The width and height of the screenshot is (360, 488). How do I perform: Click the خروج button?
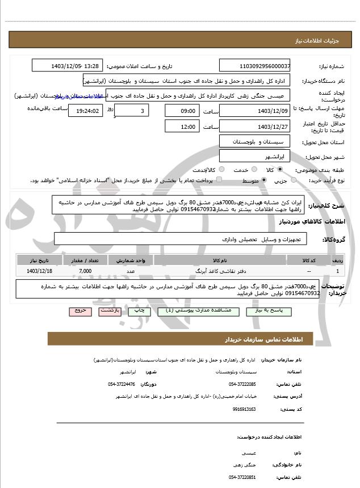coord(77,311)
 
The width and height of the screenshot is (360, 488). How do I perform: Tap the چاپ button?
coord(136,311)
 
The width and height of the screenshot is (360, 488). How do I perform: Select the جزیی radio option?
coord(293,180)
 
